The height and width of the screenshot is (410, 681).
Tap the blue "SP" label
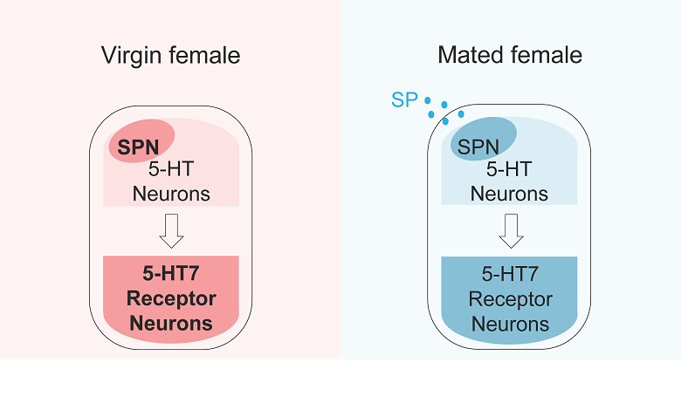[x=404, y=99]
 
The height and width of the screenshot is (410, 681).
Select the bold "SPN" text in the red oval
[x=140, y=147]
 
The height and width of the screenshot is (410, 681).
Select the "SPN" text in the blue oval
[x=478, y=147]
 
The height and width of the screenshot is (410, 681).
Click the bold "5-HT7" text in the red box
[x=171, y=274]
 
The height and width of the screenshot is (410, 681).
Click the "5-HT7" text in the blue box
[x=511, y=274]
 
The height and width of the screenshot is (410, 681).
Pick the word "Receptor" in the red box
[x=171, y=299]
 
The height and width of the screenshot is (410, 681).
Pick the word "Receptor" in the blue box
[x=511, y=299]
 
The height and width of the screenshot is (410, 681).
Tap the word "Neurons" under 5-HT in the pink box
[x=172, y=194]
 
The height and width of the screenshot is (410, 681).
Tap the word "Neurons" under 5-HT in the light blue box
[x=510, y=194]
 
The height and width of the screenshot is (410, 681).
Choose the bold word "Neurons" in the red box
[x=171, y=325]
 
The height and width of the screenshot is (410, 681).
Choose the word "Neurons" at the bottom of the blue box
[x=511, y=325]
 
